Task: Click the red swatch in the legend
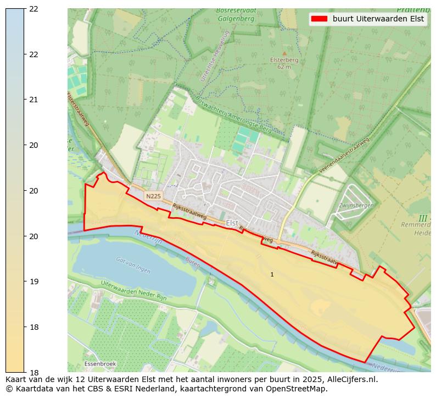tap(319, 19)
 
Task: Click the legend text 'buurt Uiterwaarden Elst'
tap(378, 19)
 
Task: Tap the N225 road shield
tap(153, 196)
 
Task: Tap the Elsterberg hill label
tap(284, 60)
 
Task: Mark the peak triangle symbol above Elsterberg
tap(284, 53)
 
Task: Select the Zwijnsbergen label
tap(356, 205)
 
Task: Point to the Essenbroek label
tap(100, 364)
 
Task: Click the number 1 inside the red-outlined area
tap(272, 274)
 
